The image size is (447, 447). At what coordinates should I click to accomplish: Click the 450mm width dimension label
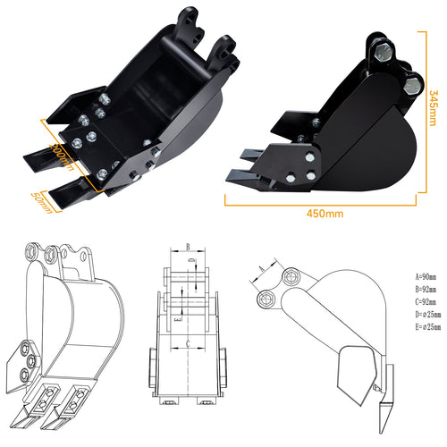tap(325, 213)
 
